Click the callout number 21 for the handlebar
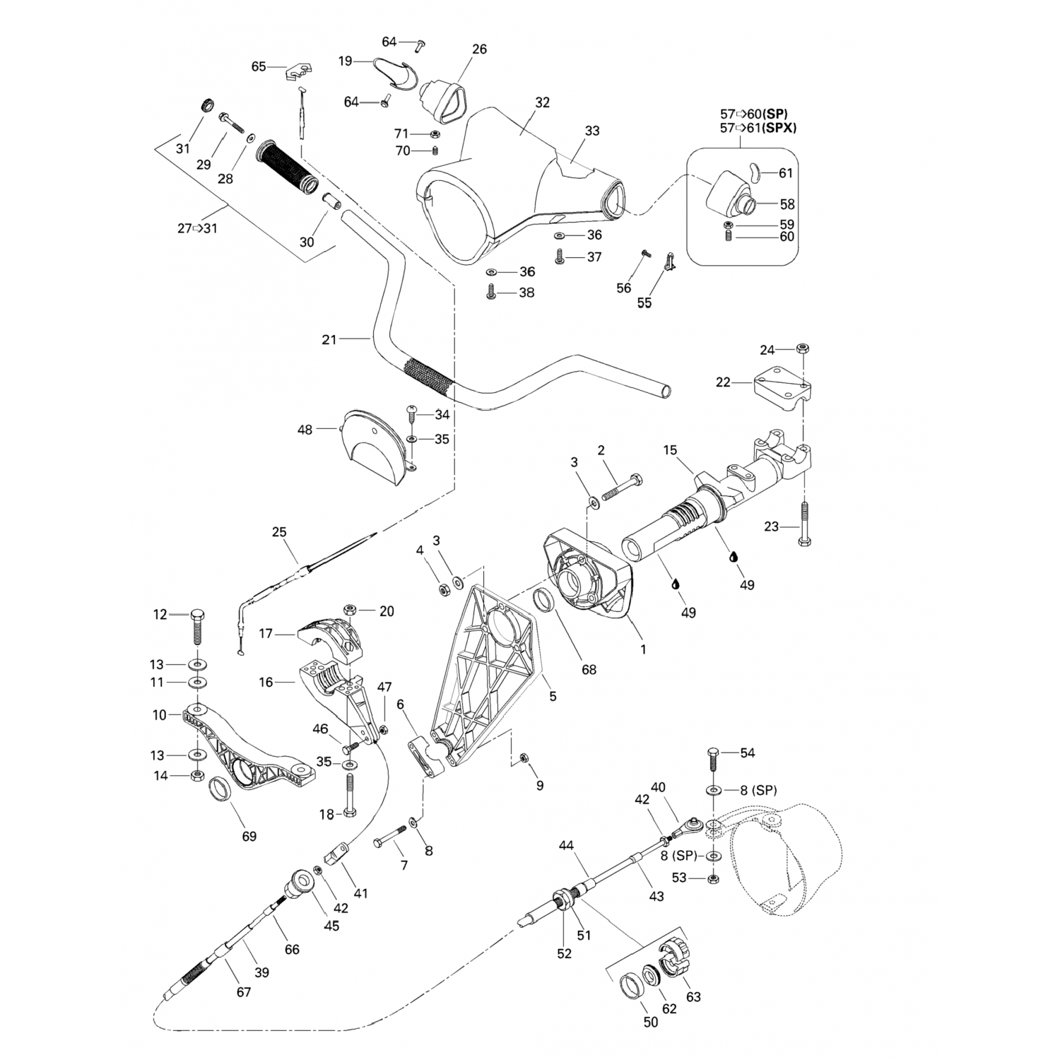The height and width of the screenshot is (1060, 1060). click(x=329, y=340)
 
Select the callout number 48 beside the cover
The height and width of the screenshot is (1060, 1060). click(x=305, y=430)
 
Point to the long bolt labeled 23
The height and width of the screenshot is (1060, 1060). click(x=804, y=523)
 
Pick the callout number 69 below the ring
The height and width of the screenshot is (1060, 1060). click(x=249, y=836)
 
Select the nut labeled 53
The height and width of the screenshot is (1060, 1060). click(x=713, y=879)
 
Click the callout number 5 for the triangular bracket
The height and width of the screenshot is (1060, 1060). click(x=553, y=696)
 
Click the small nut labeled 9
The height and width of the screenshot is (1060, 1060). click(x=524, y=758)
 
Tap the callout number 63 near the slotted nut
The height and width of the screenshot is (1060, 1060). click(x=694, y=996)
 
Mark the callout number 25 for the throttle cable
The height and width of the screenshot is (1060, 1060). click(x=280, y=531)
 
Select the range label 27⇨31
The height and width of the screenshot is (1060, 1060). click(x=197, y=228)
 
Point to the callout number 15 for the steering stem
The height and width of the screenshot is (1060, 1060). click(x=670, y=450)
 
